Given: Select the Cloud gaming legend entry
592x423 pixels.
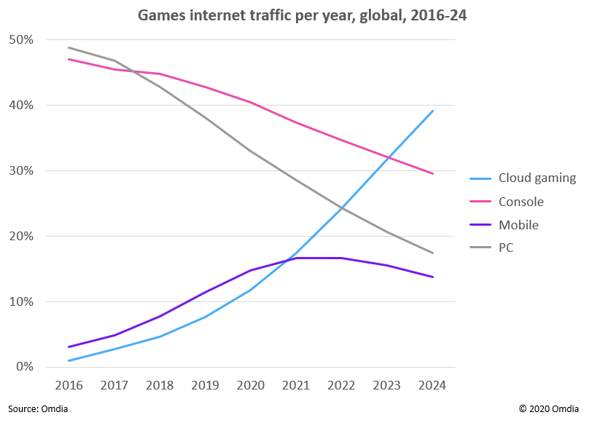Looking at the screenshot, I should [x=537, y=178].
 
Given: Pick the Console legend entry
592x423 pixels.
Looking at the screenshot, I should [x=521, y=202].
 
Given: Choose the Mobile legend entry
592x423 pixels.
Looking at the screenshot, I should [x=518, y=225].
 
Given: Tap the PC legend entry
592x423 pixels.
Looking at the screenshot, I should [x=506, y=248].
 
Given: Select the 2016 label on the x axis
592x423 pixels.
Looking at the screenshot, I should [x=69, y=385].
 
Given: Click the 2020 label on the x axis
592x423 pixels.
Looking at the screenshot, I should [x=251, y=385].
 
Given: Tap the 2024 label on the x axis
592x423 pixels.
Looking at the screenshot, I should [x=433, y=385].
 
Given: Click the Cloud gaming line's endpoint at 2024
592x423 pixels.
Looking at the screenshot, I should [x=433, y=111].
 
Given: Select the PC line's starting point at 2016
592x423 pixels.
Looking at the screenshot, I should [x=69, y=47].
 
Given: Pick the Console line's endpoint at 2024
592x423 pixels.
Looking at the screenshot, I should [x=433, y=173].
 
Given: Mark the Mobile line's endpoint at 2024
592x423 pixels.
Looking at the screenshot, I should [x=433, y=277].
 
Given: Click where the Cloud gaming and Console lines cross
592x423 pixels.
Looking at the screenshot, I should [x=389, y=157].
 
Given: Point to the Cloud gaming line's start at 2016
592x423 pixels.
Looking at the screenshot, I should [x=69, y=360].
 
